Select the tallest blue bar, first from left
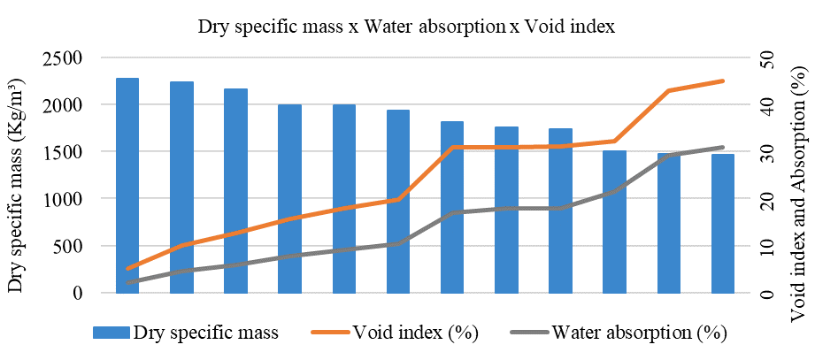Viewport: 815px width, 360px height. (x=127, y=186)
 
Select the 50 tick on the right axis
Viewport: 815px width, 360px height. (x=758, y=58)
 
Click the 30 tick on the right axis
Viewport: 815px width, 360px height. (x=758, y=152)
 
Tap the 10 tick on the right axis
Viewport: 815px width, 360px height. (x=758, y=246)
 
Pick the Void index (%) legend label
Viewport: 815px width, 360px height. (x=416, y=333)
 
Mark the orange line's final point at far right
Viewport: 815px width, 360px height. (x=723, y=80)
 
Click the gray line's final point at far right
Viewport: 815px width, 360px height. (x=723, y=147)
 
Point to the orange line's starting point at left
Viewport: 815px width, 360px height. (x=128, y=268)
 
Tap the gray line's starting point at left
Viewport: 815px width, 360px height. (x=128, y=283)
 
